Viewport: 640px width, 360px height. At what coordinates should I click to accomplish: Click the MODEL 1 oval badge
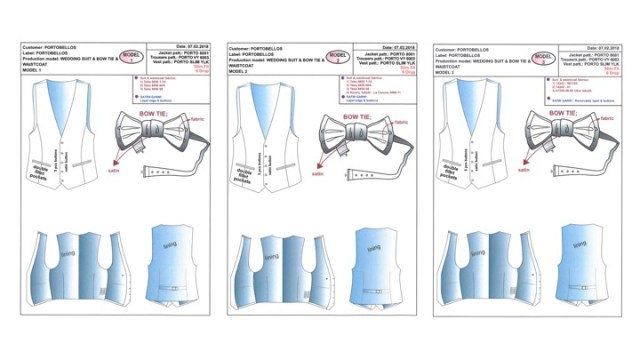[130, 56]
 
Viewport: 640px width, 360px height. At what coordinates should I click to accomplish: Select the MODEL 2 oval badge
[337, 56]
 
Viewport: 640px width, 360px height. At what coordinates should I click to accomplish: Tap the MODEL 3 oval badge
[543, 56]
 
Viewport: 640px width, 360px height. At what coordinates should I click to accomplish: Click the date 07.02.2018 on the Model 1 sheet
[197, 46]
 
